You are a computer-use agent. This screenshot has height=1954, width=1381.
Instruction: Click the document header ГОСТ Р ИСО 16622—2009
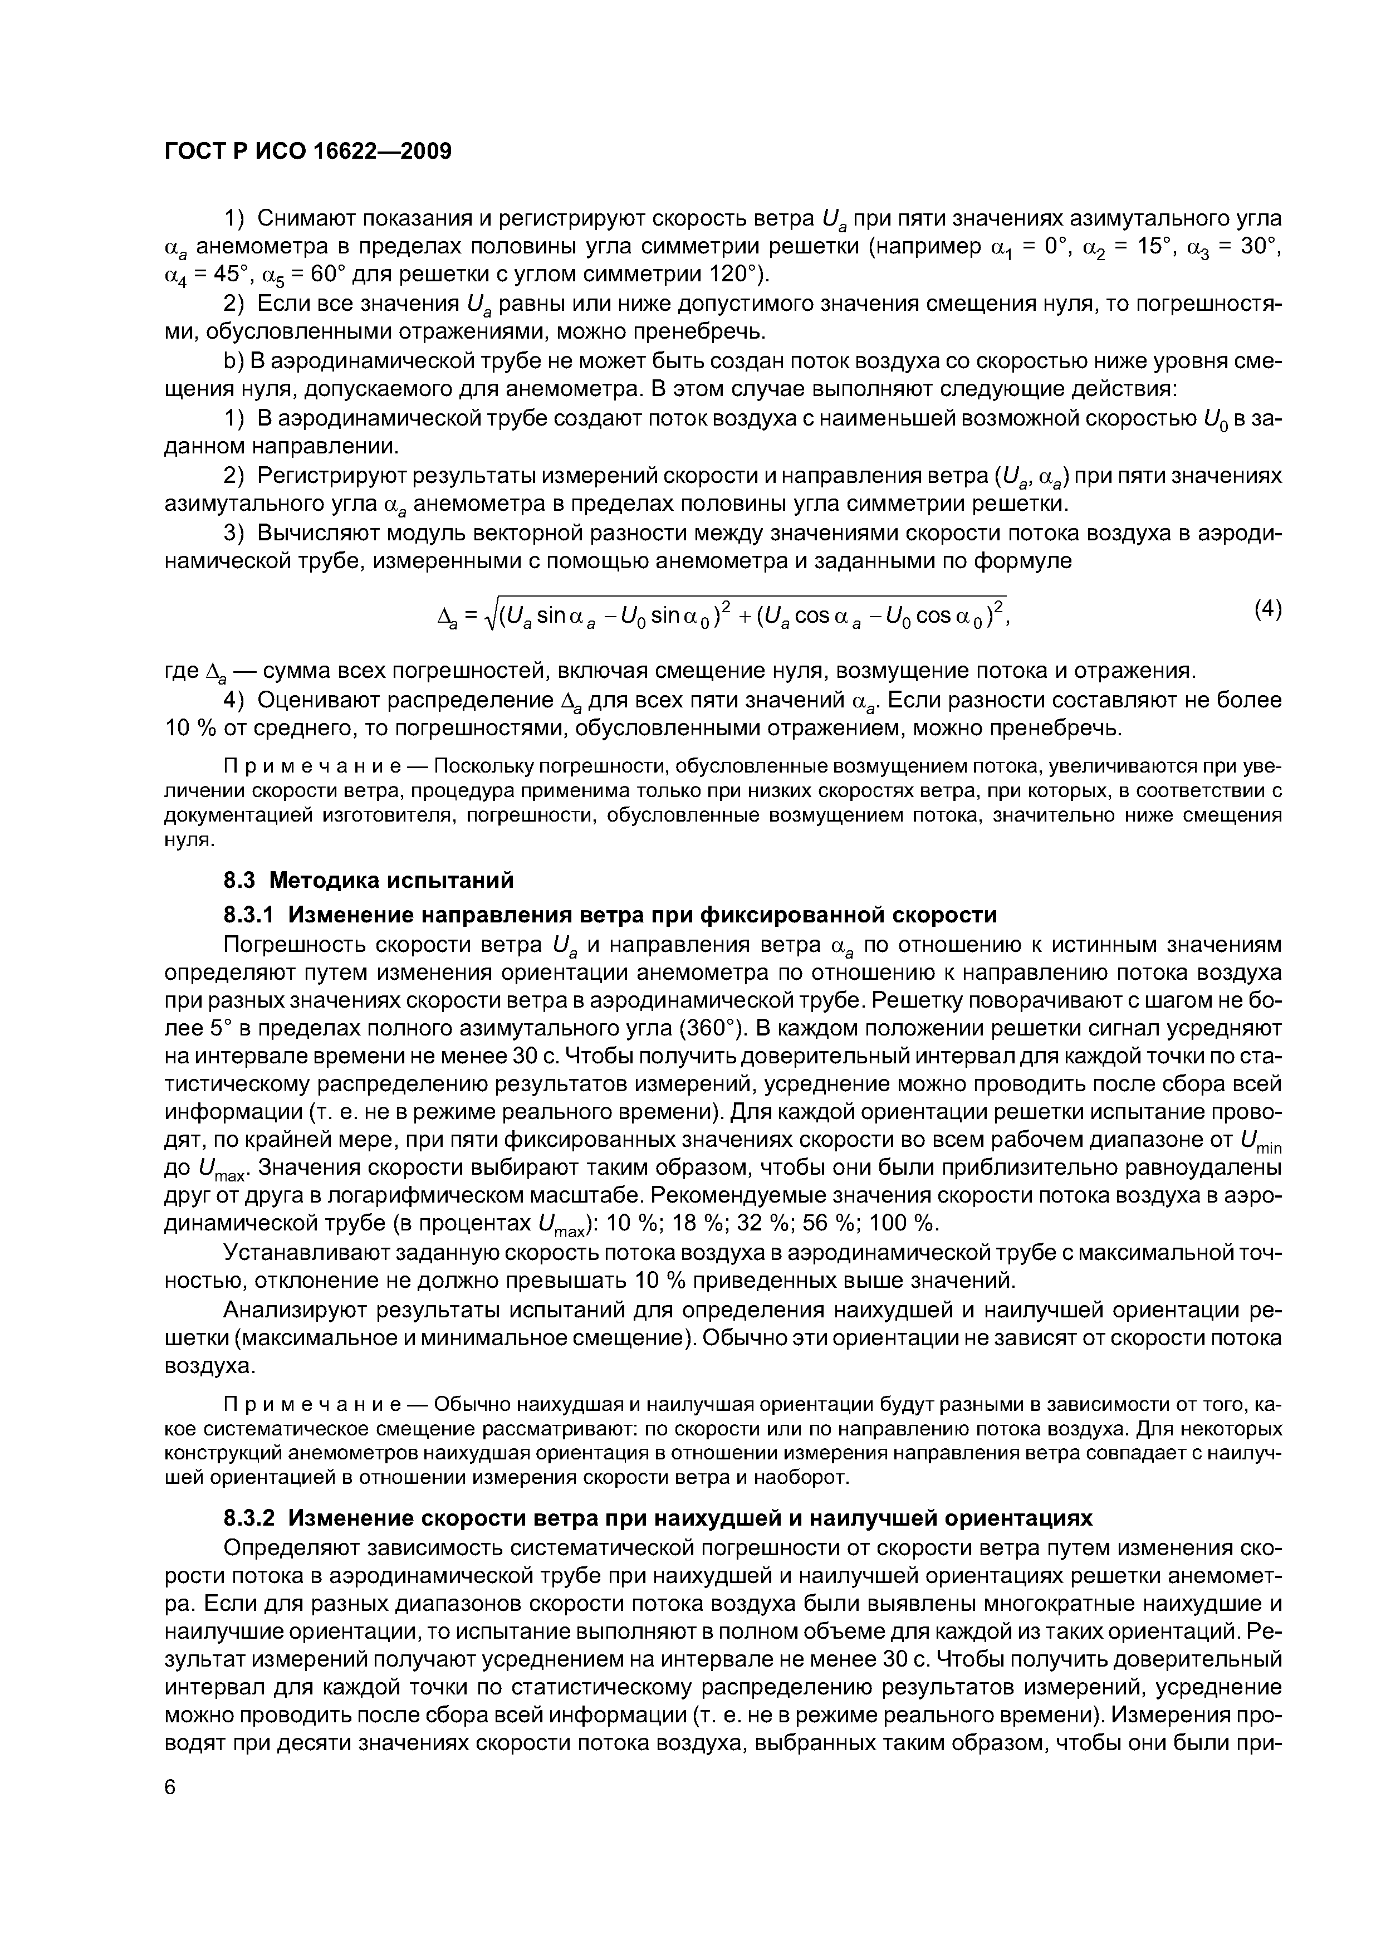pos(307,152)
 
